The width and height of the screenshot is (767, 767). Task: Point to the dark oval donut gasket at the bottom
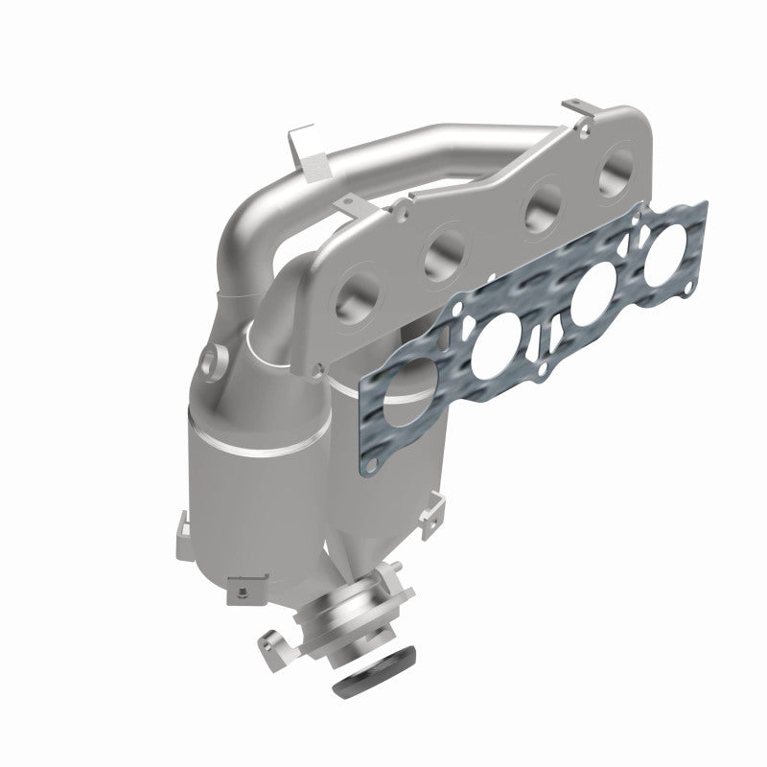[379, 679]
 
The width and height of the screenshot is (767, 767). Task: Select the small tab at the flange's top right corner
[573, 105]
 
